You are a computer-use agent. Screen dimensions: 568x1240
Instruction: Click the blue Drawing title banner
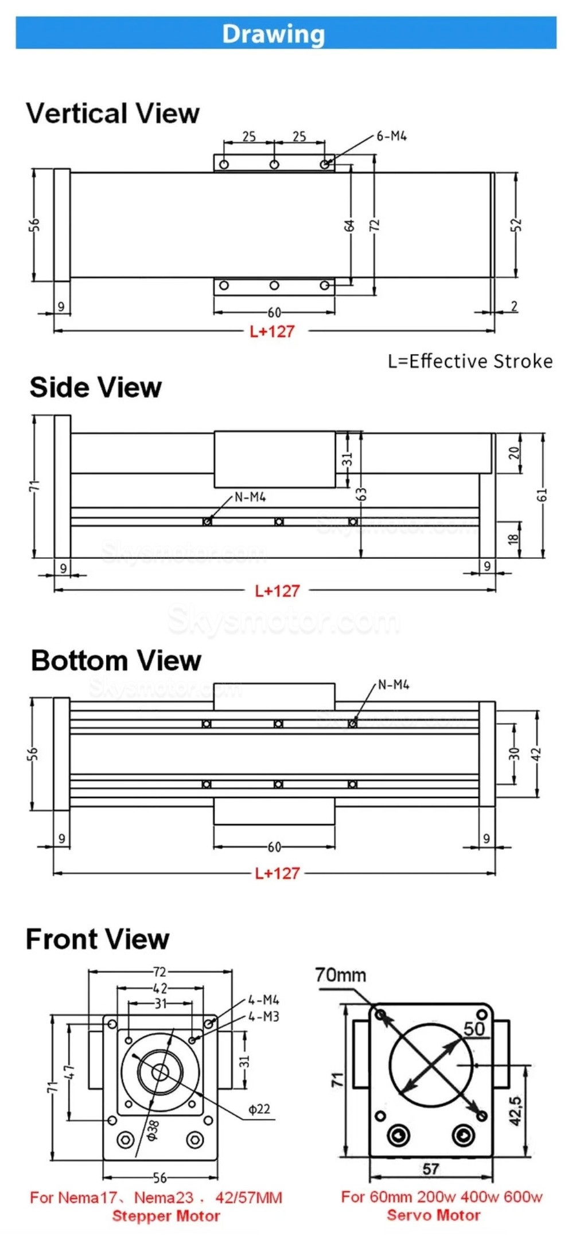(286, 33)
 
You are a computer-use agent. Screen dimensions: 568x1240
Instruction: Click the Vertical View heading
(113, 113)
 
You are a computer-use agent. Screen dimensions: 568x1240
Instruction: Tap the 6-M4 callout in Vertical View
(392, 136)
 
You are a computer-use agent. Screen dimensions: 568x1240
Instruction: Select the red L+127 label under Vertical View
(272, 331)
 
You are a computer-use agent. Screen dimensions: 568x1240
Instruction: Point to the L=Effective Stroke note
(470, 361)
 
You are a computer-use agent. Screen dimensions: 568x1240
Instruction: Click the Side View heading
(96, 387)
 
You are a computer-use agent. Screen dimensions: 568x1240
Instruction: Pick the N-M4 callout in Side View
(251, 497)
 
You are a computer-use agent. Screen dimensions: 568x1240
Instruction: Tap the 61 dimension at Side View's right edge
(543, 494)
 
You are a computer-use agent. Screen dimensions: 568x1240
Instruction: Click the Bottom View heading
(116, 660)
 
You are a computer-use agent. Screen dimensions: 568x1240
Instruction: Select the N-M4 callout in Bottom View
(394, 685)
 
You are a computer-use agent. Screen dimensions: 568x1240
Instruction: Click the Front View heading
(98, 939)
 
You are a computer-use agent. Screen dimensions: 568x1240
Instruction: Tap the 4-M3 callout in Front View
(263, 1016)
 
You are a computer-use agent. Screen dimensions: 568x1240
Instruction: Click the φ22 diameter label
(259, 1109)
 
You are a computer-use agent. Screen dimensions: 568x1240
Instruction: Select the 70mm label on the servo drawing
(340, 974)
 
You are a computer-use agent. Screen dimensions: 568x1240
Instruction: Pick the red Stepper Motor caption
(166, 1215)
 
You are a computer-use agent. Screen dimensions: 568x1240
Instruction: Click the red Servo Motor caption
(434, 1215)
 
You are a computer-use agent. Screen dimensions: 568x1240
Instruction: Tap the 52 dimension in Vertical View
(516, 224)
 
